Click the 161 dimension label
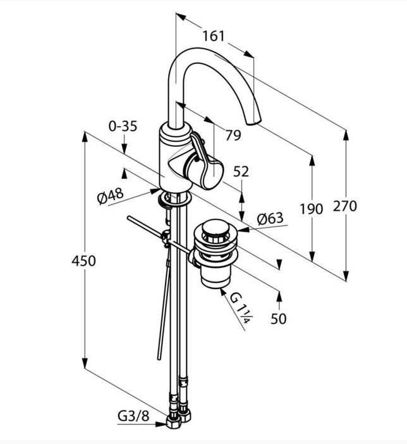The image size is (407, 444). coord(214,36)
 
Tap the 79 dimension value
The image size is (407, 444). coord(233,135)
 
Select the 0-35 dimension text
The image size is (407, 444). coord(123,126)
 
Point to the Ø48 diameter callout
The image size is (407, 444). coord(111,195)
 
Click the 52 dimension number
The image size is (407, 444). coord(241,171)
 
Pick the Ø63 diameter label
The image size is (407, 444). coord(270,219)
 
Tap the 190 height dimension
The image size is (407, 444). coord(312,209)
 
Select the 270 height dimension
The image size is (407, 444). coord(344,206)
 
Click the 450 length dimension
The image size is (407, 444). coord(83,261)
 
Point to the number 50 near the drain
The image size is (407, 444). coord(279,319)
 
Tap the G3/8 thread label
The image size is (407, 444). coord(133,416)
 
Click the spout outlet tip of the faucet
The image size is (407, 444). coord(253,122)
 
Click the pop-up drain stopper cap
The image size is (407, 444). coord(216,228)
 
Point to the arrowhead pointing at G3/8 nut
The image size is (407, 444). coord(161,424)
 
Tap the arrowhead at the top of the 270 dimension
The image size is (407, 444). coord(346,135)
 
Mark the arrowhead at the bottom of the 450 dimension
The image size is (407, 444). coord(85,363)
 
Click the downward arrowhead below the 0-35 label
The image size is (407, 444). coord(124,149)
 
